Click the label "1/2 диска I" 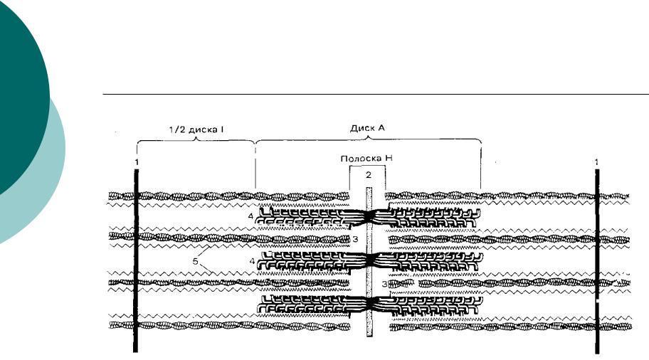196,129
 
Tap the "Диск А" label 367,128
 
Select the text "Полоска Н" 366,159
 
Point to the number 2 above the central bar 369,175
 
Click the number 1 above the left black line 137,162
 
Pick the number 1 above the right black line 596,162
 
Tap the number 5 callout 196,261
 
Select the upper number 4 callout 250,216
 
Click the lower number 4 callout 252,261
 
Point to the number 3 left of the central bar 355,239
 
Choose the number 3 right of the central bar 384,285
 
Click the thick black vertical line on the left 136,260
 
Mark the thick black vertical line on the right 597,262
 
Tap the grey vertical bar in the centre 369,262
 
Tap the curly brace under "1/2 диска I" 196,140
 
